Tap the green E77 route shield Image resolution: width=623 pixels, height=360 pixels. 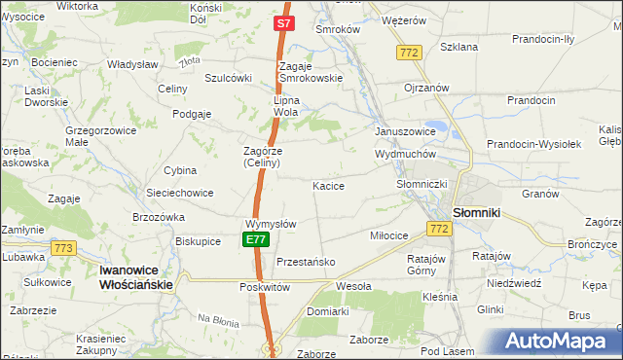(x=256, y=239)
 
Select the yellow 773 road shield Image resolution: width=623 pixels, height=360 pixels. (x=65, y=248)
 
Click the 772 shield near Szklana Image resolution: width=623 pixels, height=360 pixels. (x=409, y=51)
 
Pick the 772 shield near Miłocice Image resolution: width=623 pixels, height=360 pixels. (x=437, y=228)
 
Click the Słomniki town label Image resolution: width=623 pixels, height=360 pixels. (x=477, y=213)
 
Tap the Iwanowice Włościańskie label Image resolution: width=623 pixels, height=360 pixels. (x=136, y=277)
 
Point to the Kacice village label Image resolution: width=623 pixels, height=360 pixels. (x=328, y=185)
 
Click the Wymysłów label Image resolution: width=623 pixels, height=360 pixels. (x=271, y=224)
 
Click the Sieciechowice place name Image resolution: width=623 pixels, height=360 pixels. (x=179, y=193)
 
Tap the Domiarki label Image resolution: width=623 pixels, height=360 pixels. (x=327, y=311)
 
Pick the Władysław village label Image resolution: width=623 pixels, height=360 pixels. (x=133, y=64)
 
